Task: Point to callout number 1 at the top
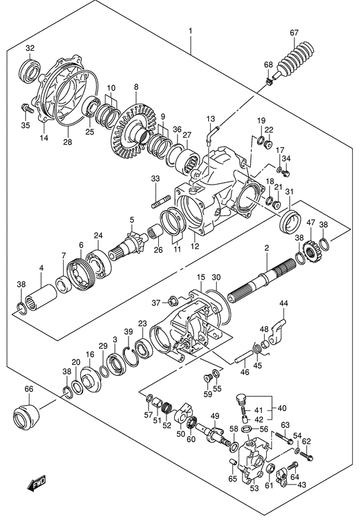pos(190,31)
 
